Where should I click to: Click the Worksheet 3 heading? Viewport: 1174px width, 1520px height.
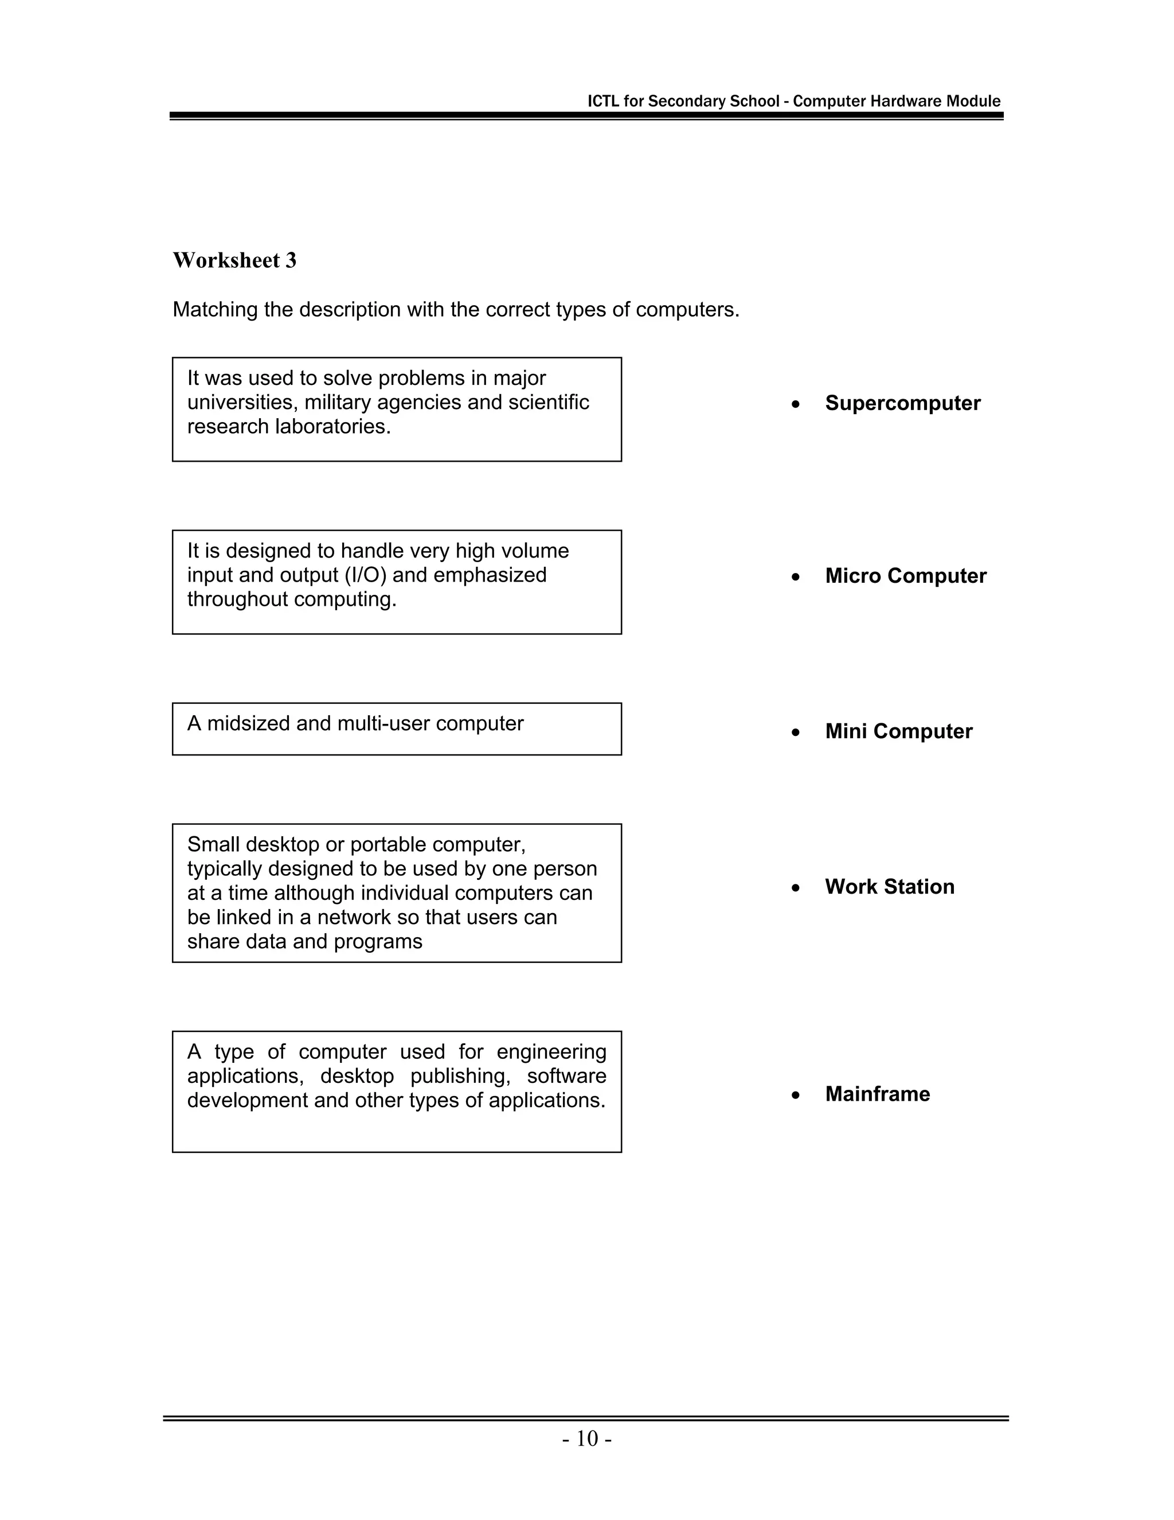click(x=234, y=260)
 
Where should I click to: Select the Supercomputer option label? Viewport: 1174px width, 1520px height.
click(x=902, y=403)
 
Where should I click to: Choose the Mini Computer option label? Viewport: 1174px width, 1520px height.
click(x=898, y=731)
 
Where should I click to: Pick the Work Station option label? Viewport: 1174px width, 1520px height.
click(x=889, y=887)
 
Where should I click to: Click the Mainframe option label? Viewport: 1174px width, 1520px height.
click(x=877, y=1094)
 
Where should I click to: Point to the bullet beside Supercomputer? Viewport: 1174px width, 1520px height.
click(x=795, y=404)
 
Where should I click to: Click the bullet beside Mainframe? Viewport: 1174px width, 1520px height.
click(x=795, y=1096)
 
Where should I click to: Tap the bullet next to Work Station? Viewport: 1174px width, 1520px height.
click(x=795, y=888)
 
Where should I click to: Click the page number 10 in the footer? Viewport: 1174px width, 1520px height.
click(x=587, y=1439)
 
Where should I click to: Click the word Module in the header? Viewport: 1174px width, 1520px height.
click(x=975, y=101)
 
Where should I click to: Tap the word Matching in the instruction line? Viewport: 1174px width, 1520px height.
click(x=215, y=310)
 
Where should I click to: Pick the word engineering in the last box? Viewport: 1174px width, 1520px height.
click(x=551, y=1053)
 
